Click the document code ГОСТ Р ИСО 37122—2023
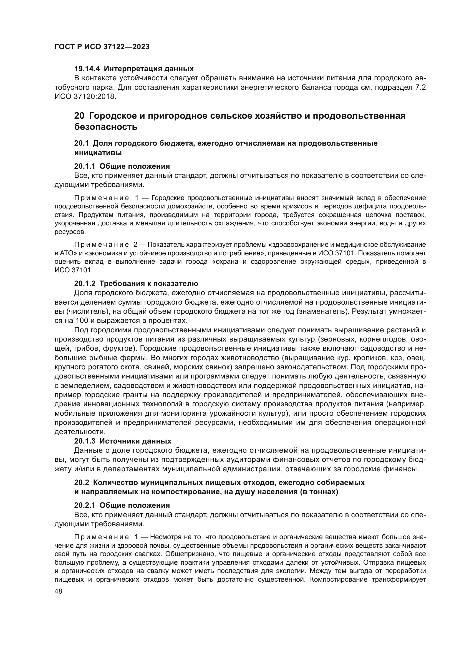102,47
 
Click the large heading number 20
79,116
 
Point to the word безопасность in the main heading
106,127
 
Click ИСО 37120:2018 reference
85,96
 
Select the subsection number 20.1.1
85,166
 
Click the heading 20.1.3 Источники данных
123,441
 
